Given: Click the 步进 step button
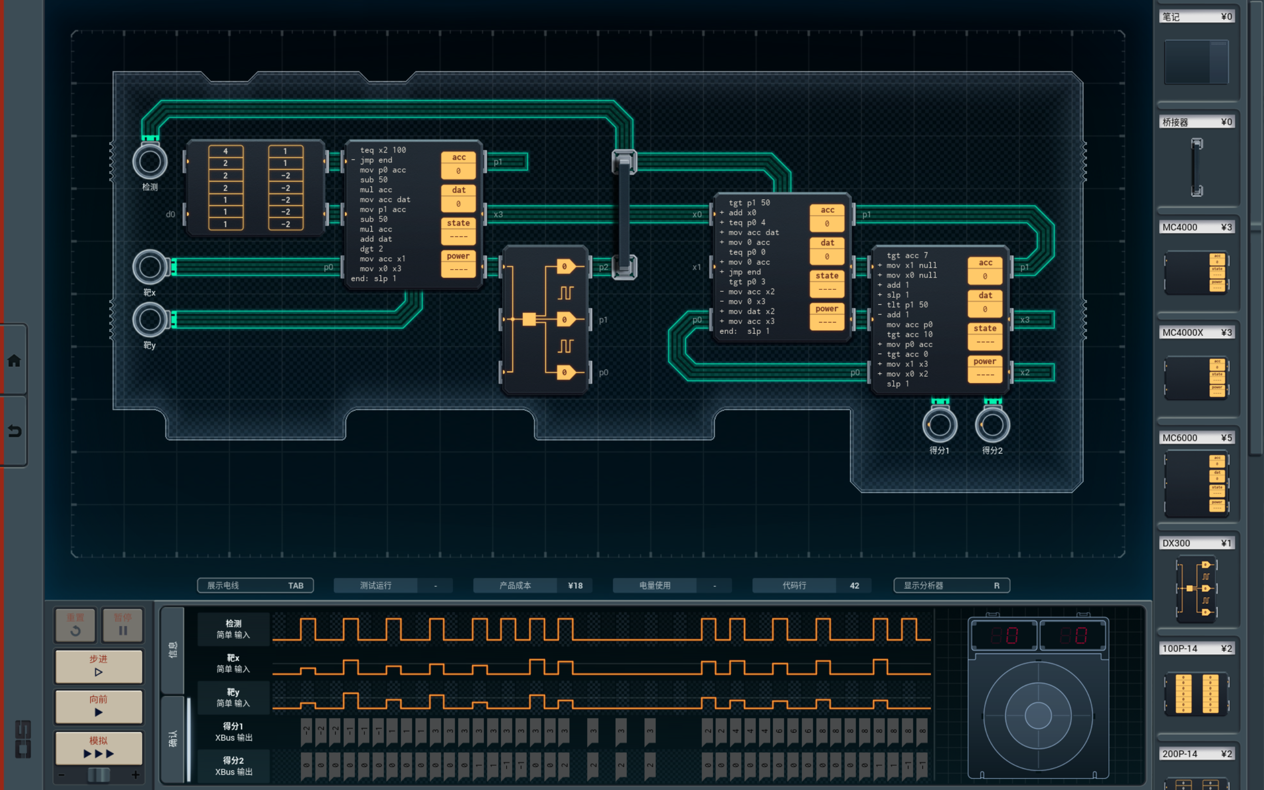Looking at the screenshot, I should click(98, 666).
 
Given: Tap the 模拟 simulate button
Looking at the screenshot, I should click(98, 747).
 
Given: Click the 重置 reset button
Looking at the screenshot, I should click(75, 625).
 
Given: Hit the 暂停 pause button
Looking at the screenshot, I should click(123, 625).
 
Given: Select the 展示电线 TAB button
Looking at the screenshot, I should click(255, 585).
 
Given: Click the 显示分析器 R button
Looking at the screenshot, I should click(951, 585).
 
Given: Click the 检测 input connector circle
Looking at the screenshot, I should click(150, 162).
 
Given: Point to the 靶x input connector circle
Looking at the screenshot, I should click(150, 267).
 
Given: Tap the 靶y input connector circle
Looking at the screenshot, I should click(150, 320).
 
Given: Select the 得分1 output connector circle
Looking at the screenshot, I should click(940, 425).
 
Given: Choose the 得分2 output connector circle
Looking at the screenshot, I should click(992, 425).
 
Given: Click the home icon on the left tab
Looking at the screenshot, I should click(14, 360).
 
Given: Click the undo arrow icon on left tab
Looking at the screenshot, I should click(14, 431).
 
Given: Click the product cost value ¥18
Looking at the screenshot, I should click(575, 585).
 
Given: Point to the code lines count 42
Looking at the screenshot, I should click(854, 585).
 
